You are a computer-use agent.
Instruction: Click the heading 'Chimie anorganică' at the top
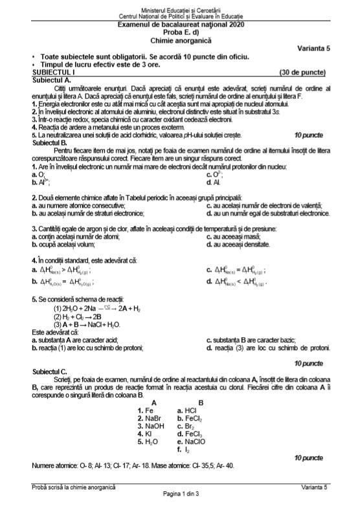click(180, 38)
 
